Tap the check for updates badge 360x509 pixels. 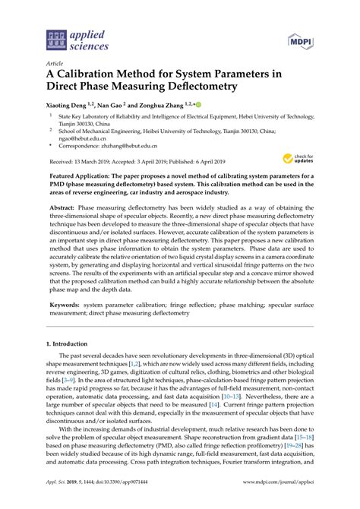(296, 159)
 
